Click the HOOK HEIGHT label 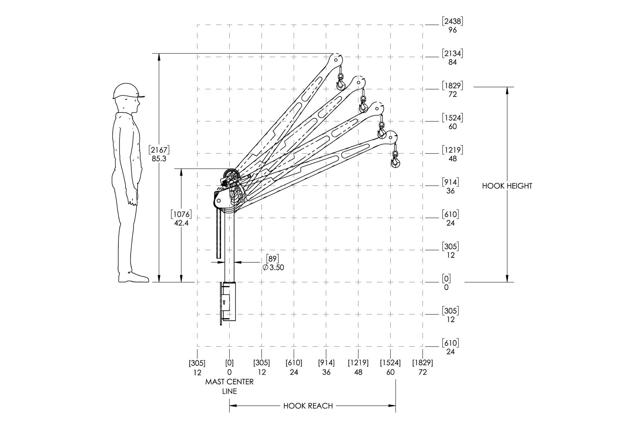click(x=507, y=186)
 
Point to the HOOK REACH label click(x=308, y=406)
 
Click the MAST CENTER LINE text click(x=229, y=386)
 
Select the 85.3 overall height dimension click(x=159, y=158)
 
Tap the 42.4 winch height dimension click(x=181, y=223)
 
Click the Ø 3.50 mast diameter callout click(x=273, y=267)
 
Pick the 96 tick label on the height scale click(x=453, y=30)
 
